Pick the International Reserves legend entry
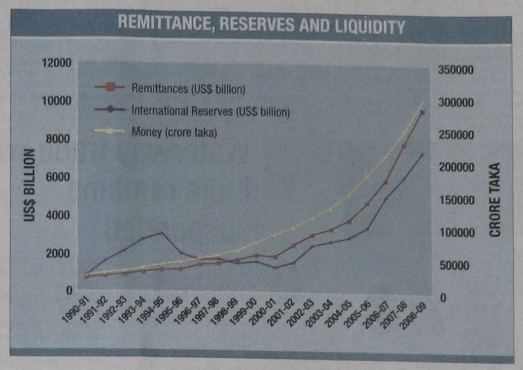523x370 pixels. pos(210,110)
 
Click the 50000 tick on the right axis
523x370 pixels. pos(453,266)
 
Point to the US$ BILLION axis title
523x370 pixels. pos(29,185)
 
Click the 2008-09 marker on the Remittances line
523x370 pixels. pos(422,113)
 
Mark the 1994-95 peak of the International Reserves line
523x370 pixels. pos(162,232)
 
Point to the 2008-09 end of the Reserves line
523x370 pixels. pos(422,154)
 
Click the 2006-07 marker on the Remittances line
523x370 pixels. pos(385,181)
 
